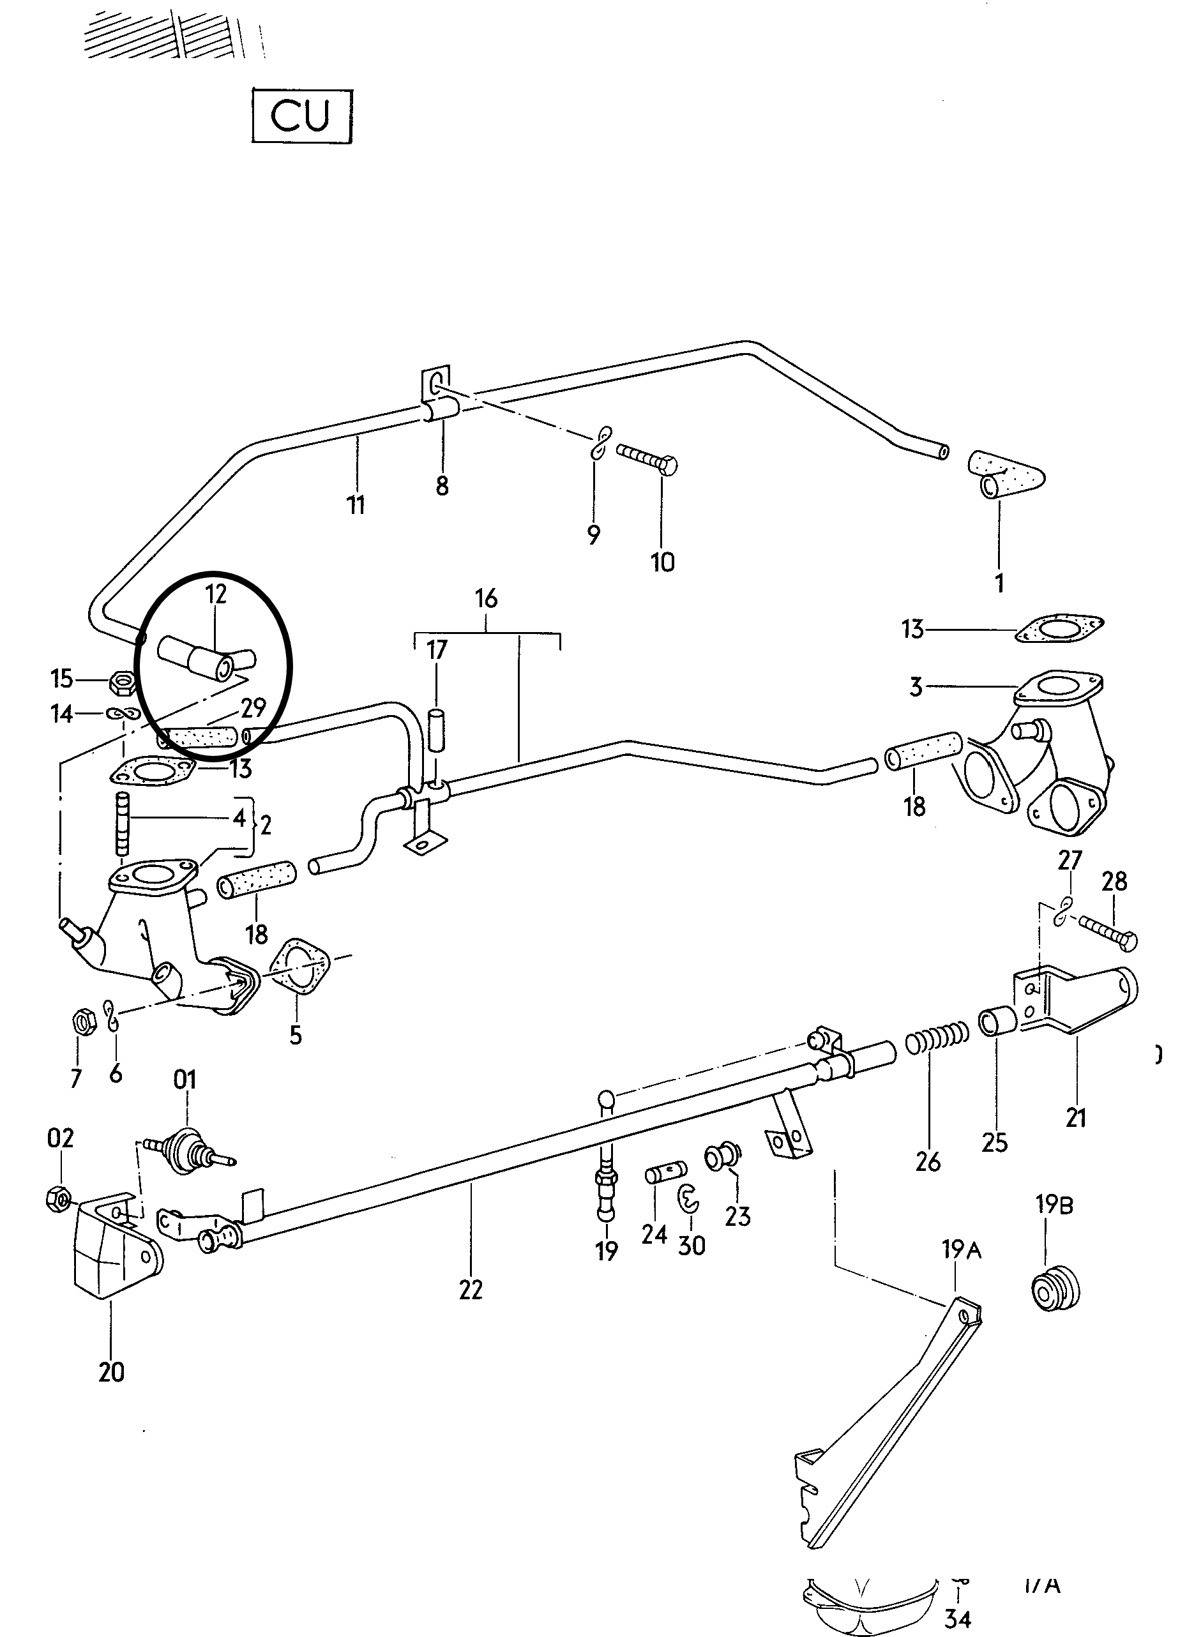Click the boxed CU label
[x=302, y=116]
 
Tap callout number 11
[x=356, y=504]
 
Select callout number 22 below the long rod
[x=470, y=1289]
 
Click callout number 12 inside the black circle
[x=216, y=594]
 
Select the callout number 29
[x=253, y=708]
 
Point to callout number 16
[x=487, y=598]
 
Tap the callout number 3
[x=916, y=686]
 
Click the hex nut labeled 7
[x=82, y=1022]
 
